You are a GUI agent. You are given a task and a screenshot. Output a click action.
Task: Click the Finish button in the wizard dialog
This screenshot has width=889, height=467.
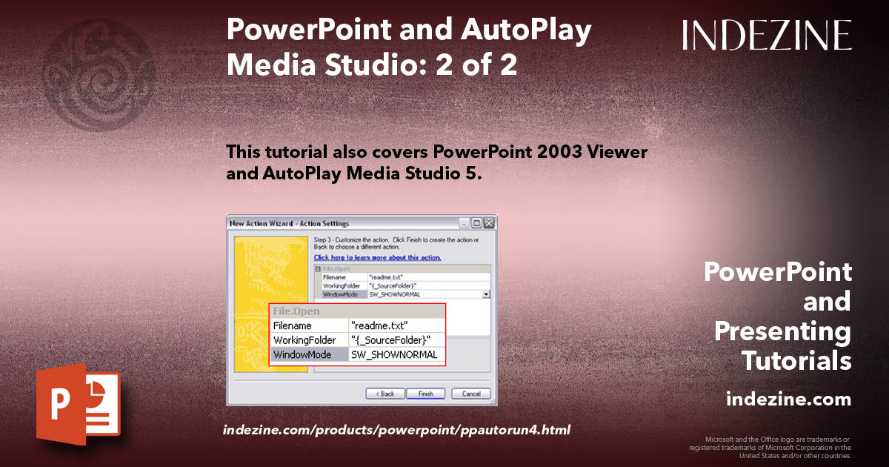coord(425,394)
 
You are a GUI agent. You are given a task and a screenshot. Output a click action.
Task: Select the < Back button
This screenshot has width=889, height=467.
coord(384,394)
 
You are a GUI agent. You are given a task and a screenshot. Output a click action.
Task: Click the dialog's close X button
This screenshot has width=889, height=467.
coord(490,222)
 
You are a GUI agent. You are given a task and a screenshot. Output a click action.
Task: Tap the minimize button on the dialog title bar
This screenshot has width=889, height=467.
coord(465,222)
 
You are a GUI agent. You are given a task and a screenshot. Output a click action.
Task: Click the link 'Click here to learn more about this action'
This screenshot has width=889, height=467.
coord(377,258)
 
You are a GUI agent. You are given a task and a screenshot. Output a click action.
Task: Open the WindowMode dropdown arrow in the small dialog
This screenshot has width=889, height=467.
coord(486,294)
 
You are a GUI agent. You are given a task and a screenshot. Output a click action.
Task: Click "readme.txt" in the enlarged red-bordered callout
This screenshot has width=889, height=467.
coord(379,325)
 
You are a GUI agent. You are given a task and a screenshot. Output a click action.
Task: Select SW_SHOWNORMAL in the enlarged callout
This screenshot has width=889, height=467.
coord(394,355)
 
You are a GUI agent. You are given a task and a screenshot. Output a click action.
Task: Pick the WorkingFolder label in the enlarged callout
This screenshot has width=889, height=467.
coord(304,340)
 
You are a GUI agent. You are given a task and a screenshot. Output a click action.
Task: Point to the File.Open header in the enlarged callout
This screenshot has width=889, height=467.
coord(296,311)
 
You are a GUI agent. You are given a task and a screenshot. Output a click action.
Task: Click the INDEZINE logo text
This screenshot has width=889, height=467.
coord(767,36)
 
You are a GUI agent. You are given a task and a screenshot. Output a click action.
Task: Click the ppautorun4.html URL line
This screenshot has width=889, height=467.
coord(397,430)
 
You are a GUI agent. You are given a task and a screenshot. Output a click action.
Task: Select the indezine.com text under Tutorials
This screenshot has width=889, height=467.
coord(788,400)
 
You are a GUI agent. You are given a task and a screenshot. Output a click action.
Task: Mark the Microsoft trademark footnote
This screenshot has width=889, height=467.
coord(770,447)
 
